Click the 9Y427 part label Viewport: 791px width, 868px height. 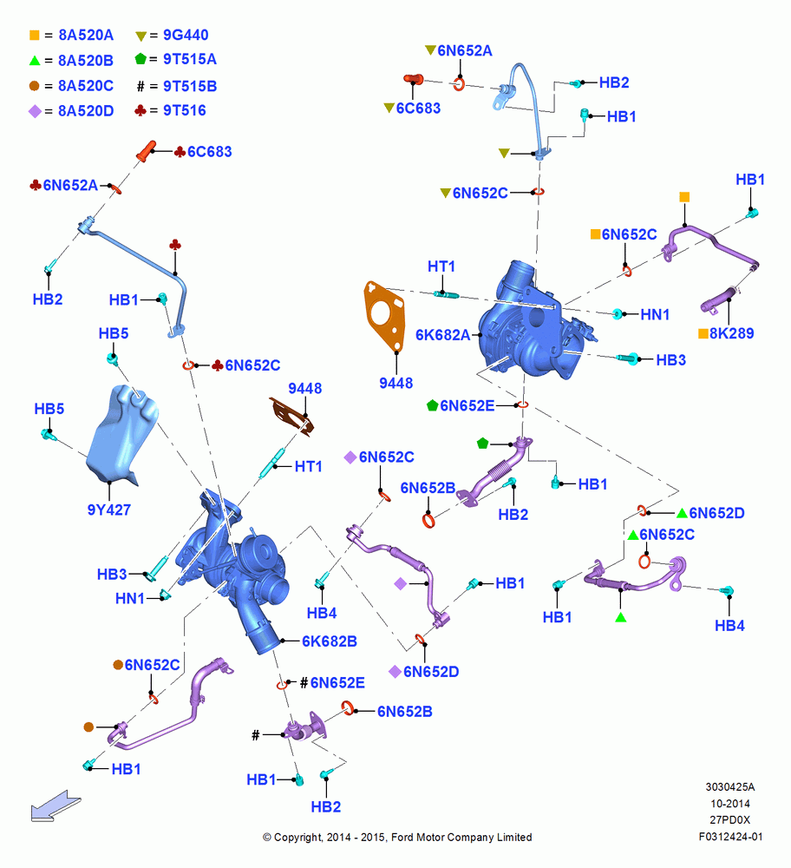click(109, 510)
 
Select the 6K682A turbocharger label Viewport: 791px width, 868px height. click(442, 335)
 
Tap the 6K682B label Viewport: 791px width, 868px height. click(329, 641)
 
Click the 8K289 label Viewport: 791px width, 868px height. click(731, 333)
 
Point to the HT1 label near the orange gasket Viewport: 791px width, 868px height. click(441, 266)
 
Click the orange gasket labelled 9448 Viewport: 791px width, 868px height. click(384, 316)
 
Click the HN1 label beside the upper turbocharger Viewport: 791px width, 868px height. click(655, 314)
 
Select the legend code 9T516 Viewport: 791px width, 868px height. click(184, 111)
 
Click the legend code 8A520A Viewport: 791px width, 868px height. click(86, 35)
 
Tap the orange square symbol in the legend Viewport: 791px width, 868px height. click(35, 36)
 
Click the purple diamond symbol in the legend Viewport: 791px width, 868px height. click(35, 111)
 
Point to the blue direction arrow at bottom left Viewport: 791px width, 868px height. click(56, 806)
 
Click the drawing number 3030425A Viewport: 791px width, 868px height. click(730, 786)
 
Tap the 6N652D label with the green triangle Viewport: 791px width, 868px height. click(710, 513)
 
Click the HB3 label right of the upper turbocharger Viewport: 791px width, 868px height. click(671, 360)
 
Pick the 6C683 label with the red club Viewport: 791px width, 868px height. click(203, 152)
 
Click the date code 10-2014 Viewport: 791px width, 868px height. click(730, 803)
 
